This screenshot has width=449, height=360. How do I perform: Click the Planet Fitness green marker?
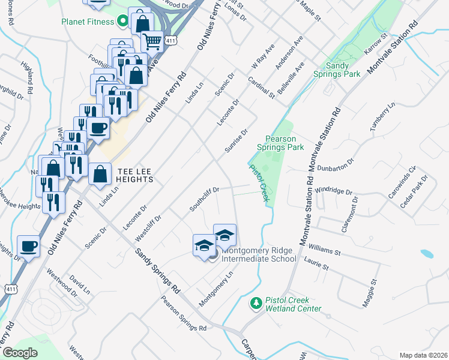pos(122,22)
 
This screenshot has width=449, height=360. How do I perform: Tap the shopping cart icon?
pos(152,41)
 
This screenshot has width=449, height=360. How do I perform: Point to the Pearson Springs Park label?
pos(280,143)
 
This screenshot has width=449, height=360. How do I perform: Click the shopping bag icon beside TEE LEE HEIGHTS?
pos(100,174)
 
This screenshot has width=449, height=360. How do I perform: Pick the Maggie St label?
pos(369,293)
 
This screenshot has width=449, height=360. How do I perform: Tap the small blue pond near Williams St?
pos(427,254)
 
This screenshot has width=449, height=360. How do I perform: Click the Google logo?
pos(20,353)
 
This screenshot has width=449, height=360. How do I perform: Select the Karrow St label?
pos(376,47)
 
